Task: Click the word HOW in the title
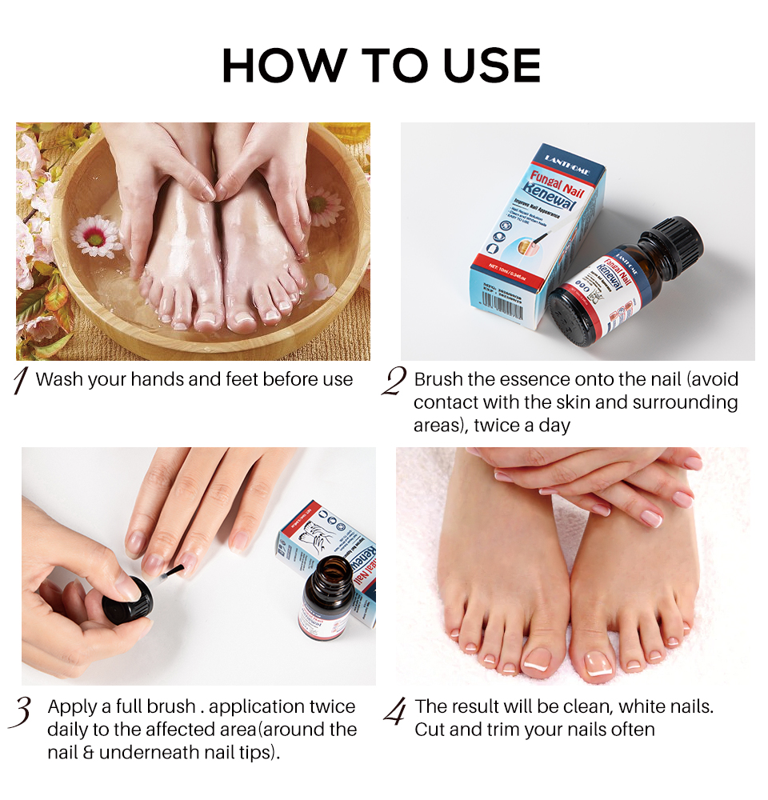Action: (280, 66)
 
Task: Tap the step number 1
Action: (22, 381)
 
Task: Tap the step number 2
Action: (393, 382)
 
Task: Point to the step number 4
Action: (394, 710)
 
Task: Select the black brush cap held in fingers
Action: (128, 601)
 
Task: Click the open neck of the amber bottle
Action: (329, 569)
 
